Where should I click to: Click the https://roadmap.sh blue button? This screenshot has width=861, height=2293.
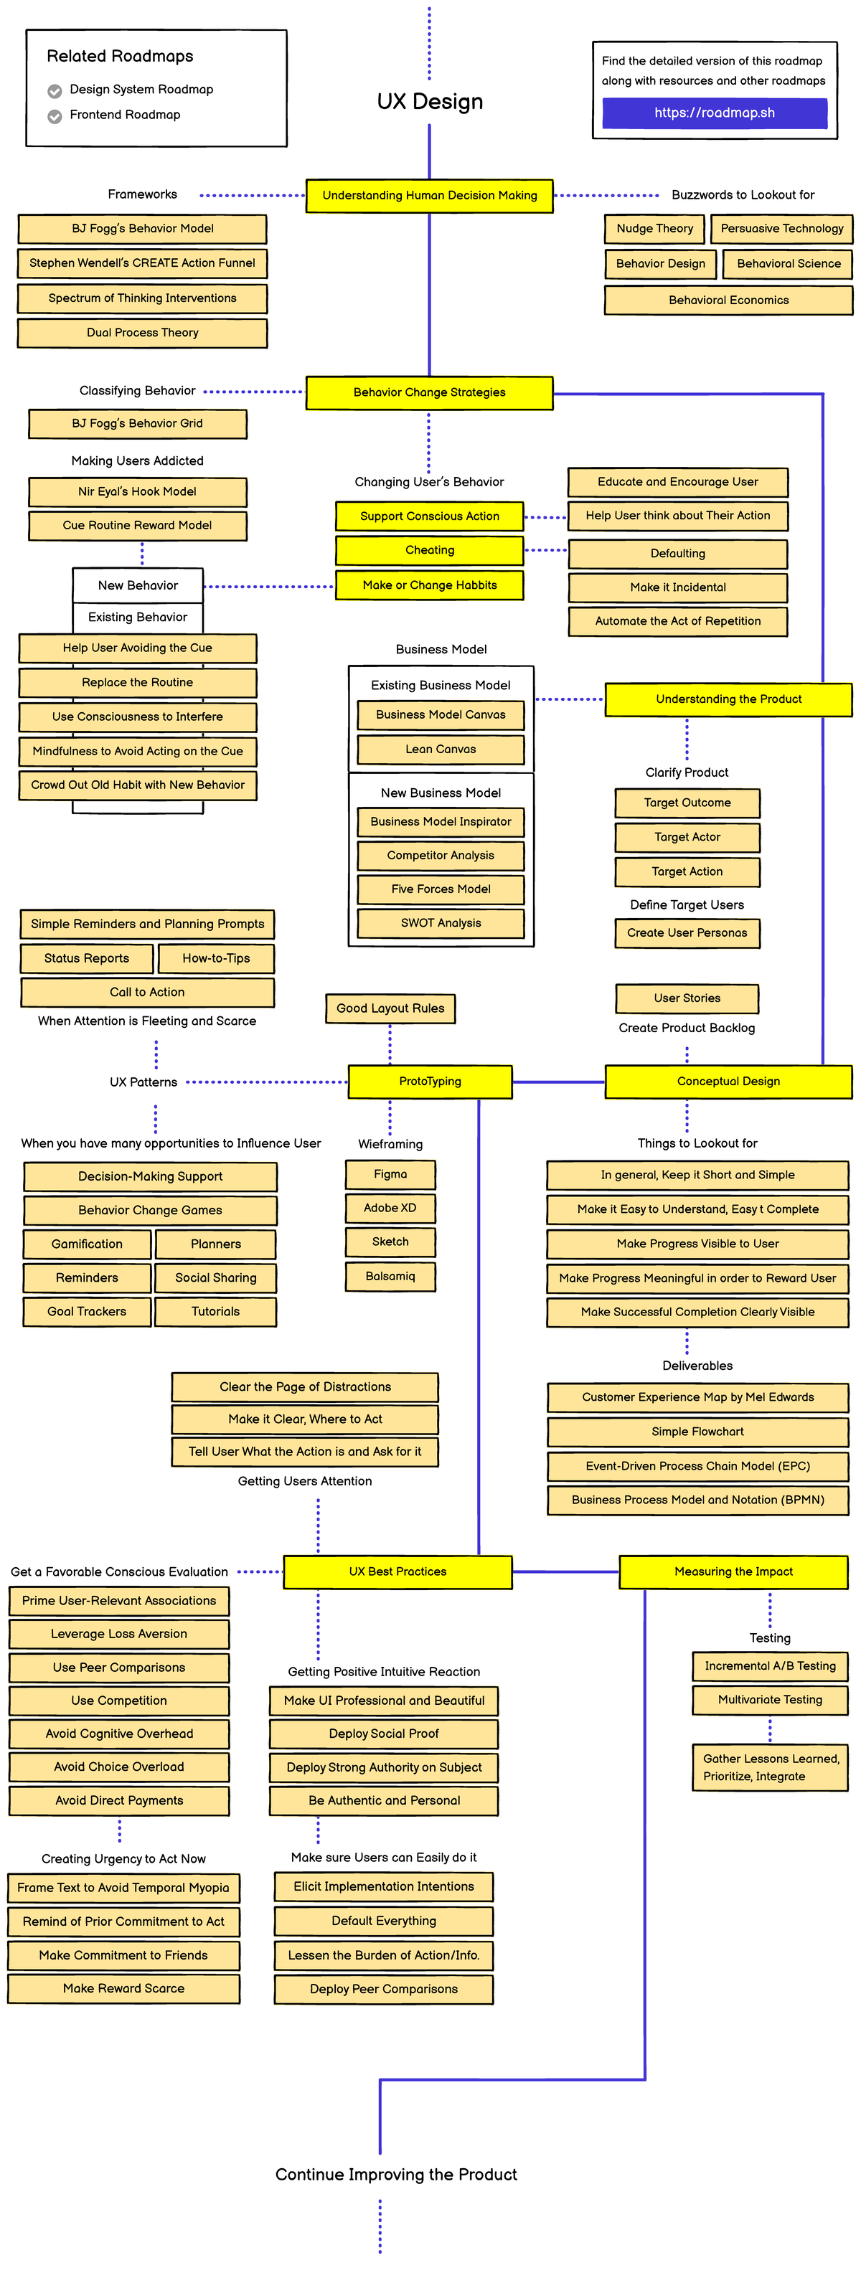pos(714,113)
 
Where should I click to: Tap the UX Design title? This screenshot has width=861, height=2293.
pos(429,101)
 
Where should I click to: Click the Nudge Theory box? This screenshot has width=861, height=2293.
pos(654,229)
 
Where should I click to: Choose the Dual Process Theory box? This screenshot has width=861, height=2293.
pos(143,333)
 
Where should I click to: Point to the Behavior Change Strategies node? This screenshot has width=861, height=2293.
pos(429,392)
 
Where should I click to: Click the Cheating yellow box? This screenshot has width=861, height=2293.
pos(429,550)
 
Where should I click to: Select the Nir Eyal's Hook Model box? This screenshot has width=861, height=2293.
pos(137,491)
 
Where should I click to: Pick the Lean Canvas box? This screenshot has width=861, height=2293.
pos(441,750)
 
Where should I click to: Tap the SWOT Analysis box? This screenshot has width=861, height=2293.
pos(441,923)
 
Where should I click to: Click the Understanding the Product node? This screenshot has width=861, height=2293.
pos(728,699)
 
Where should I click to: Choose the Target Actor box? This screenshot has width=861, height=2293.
pos(687,838)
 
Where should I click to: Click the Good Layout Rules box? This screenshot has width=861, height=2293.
pos(390,1008)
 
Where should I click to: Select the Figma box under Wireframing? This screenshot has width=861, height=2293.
pos(390,1175)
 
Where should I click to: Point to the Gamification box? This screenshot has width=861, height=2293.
pos(88,1244)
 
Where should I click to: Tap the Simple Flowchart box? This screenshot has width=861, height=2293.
pos(697,1432)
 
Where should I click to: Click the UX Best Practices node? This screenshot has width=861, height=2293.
pos(398,1572)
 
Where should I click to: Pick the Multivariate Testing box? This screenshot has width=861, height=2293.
pos(770,1700)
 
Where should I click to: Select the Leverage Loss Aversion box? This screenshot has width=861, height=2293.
pos(119,1635)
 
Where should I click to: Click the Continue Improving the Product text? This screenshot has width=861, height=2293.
pos(396,2175)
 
